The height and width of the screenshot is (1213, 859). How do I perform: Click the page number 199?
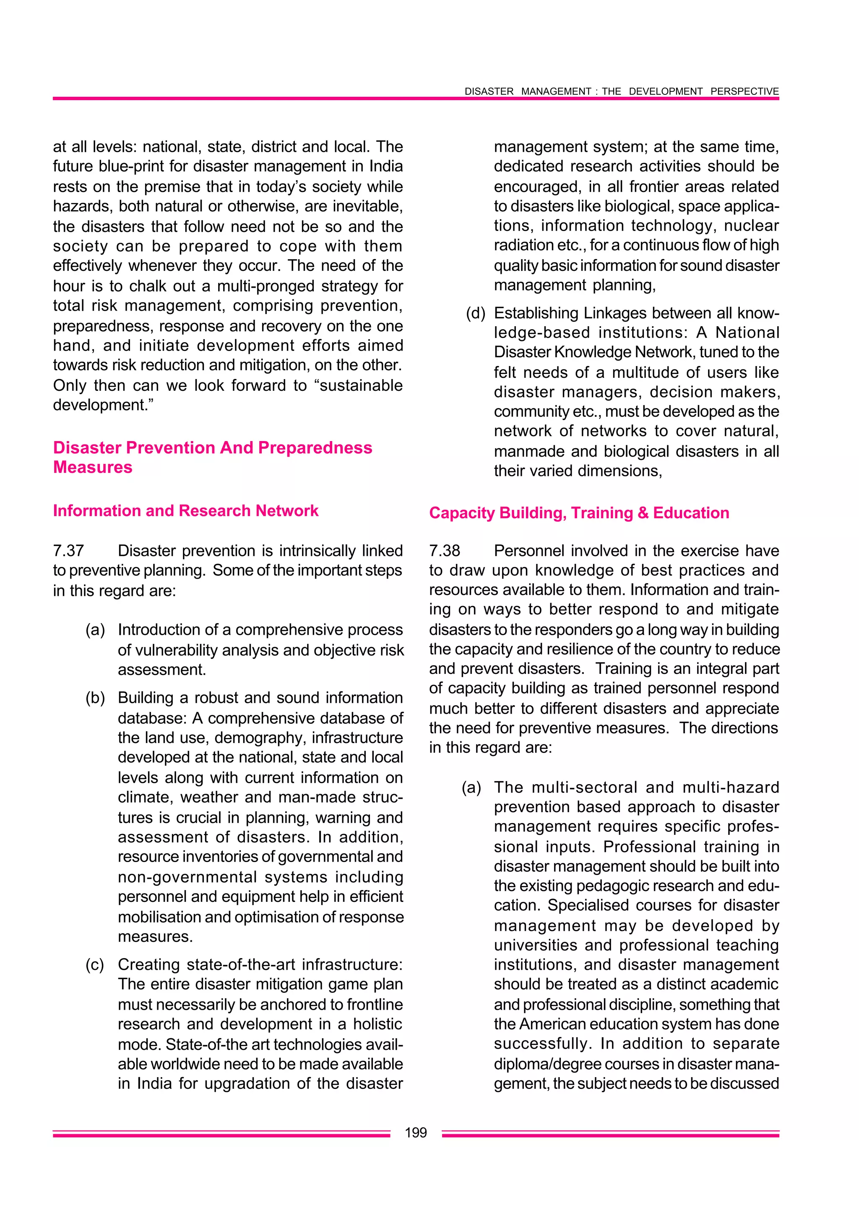point(415,1132)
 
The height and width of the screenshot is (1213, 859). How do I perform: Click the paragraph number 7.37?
point(68,551)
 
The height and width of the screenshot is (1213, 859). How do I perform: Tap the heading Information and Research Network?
point(186,510)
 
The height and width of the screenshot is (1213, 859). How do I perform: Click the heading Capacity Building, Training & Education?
point(579,512)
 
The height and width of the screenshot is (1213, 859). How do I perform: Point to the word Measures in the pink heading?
point(93,467)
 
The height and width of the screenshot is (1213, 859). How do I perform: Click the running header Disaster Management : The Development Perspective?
point(622,91)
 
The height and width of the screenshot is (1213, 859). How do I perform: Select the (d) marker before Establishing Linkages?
point(476,313)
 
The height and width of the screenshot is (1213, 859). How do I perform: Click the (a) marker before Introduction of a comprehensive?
point(95,629)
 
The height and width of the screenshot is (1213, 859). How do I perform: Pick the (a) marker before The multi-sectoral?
point(471,787)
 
